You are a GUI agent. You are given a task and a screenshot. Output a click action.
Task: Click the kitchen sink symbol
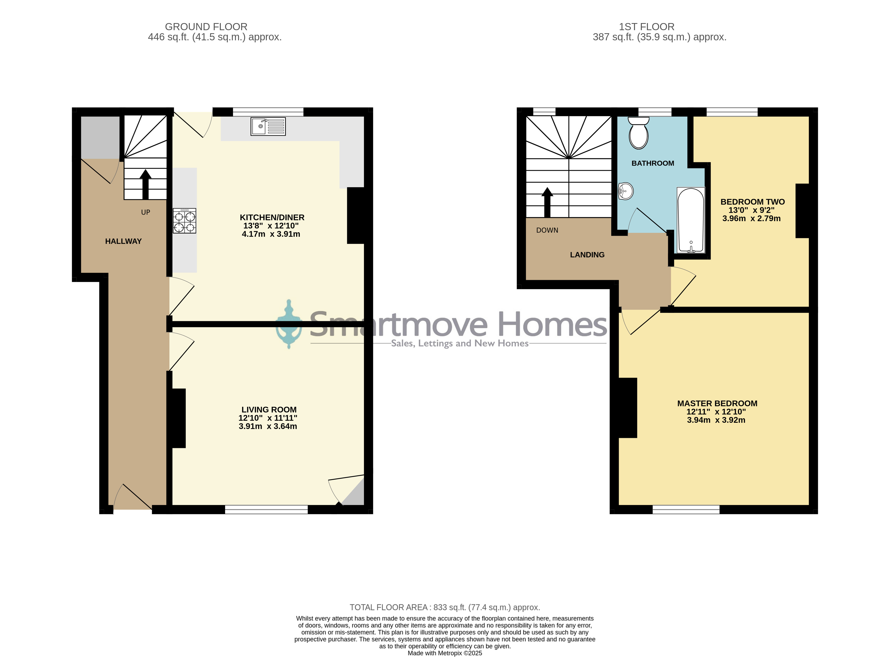point(268,127)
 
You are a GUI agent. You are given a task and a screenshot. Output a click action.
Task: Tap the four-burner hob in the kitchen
point(184,221)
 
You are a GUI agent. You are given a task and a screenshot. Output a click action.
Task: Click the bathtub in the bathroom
point(691,220)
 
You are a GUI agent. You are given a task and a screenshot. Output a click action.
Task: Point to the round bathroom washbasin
point(626,191)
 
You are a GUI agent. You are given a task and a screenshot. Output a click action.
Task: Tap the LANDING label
point(587,255)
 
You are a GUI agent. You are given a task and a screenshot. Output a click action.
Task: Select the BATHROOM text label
point(653,163)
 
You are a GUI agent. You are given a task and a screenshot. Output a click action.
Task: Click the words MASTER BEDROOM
point(717,403)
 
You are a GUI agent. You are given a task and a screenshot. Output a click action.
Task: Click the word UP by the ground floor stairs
point(146,212)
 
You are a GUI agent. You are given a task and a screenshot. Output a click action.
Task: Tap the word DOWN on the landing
point(547,230)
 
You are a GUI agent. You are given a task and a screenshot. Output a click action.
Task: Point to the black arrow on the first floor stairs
point(547,202)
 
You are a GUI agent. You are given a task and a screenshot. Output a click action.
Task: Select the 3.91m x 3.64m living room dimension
point(268,426)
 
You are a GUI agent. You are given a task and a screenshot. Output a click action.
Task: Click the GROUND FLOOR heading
point(206,27)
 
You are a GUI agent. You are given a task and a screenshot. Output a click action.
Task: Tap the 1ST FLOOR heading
point(646,27)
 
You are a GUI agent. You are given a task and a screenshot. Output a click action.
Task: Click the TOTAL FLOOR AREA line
point(445,607)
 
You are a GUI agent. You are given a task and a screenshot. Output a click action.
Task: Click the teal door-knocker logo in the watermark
point(289,324)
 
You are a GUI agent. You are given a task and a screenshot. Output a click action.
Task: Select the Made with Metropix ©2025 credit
point(445,653)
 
